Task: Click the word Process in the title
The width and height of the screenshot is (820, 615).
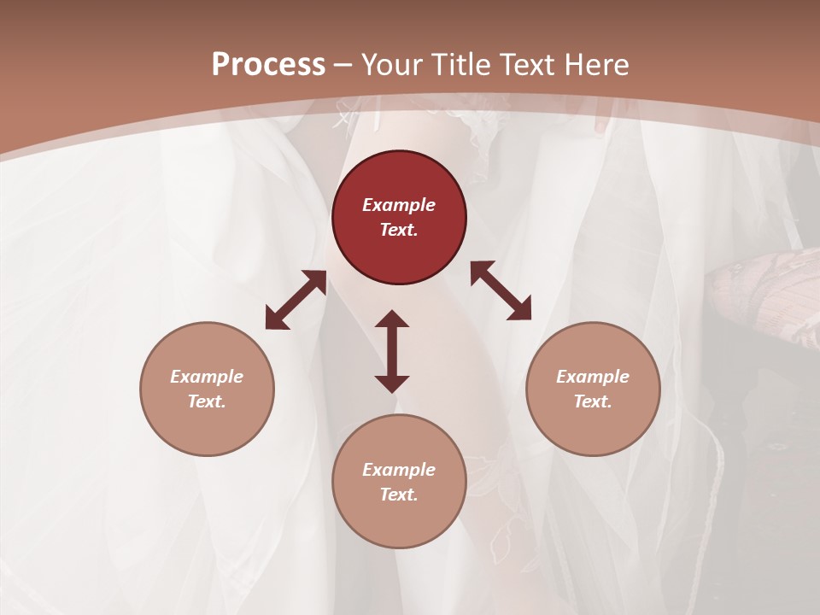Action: coord(268,65)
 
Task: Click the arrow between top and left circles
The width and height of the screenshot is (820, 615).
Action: coord(296,300)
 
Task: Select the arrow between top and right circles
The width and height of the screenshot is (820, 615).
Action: coord(501,290)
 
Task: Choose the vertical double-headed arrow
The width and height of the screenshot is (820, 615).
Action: coord(392,351)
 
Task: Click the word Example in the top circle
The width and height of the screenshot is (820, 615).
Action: coord(399,205)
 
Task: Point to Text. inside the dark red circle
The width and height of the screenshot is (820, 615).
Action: coord(399,230)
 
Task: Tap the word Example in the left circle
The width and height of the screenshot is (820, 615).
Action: coord(207,377)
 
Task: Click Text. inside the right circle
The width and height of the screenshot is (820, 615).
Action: coord(593,401)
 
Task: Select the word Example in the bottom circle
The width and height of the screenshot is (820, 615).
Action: coord(399,470)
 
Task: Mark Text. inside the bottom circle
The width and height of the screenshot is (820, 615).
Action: coord(399,495)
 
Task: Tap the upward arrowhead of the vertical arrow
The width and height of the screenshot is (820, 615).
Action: coord(392,319)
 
